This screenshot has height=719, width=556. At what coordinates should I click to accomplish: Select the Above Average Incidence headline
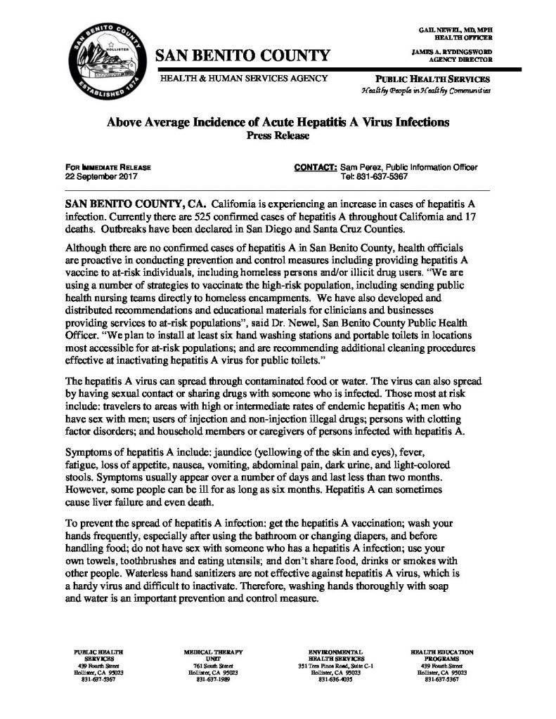pos(278,122)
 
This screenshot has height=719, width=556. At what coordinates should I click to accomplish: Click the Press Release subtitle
pos(278,136)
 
